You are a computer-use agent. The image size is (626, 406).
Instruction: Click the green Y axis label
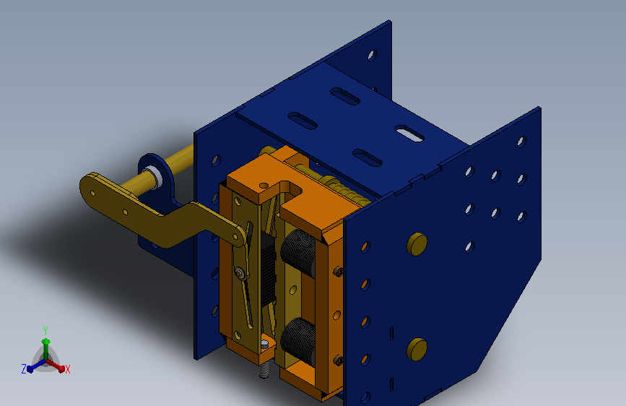(45, 330)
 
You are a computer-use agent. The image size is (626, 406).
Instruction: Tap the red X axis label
(67, 369)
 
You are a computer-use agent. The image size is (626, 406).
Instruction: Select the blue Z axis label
(24, 369)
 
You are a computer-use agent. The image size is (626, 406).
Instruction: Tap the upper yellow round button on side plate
(417, 244)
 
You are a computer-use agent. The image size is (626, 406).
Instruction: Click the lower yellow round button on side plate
(417, 349)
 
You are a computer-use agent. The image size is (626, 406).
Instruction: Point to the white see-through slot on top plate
(409, 134)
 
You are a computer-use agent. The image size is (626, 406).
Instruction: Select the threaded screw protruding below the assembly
(264, 371)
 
